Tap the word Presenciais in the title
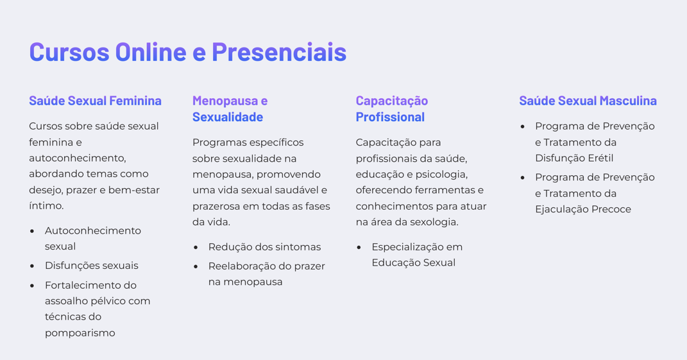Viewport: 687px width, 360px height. coord(279,52)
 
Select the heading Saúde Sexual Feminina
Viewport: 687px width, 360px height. coord(95,101)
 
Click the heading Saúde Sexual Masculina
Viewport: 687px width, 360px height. coord(588,101)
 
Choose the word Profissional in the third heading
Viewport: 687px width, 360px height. coord(390,117)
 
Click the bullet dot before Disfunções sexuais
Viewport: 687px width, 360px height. coord(32,266)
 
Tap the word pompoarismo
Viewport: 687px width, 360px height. coord(80,333)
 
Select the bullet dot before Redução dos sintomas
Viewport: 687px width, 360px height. coord(196,247)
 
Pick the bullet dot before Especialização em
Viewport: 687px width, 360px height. coord(359,247)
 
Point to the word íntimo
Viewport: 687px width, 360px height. coord(46,206)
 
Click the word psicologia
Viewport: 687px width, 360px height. coord(442,175)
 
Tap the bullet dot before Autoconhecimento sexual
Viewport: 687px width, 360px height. coord(32,231)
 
